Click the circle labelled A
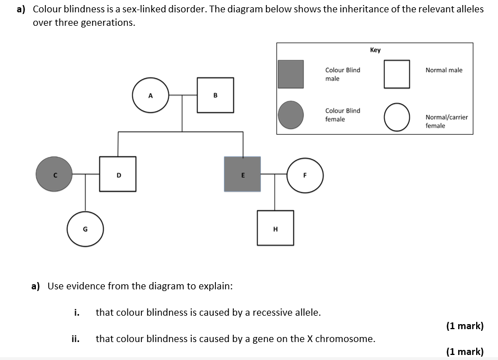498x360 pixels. click(150, 95)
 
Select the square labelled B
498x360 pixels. click(215, 95)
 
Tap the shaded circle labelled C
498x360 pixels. click(54, 174)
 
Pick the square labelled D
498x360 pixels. click(118, 174)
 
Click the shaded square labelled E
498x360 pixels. click(242, 174)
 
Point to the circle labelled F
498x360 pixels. click(305, 174)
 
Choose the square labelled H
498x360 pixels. click(275, 228)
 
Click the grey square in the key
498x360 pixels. click(291, 74)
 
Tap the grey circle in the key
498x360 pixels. click(291, 115)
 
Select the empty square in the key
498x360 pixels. click(397, 74)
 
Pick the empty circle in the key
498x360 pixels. click(397, 117)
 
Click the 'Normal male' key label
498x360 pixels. click(444, 70)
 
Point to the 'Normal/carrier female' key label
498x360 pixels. click(446, 121)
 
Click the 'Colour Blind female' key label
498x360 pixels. click(343, 115)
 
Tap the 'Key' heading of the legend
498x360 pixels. click(375, 50)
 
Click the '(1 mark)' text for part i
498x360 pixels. click(464, 326)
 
